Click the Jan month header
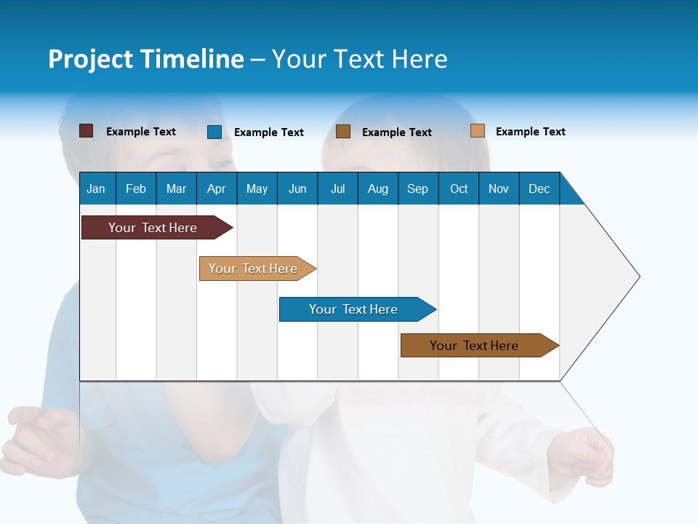click(x=96, y=188)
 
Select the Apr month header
click(x=216, y=188)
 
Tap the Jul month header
click(x=337, y=188)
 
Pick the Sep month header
click(x=417, y=188)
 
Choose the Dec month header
click(x=539, y=188)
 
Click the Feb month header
click(x=136, y=188)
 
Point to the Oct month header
click(x=459, y=188)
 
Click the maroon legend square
click(x=86, y=131)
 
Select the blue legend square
click(x=214, y=132)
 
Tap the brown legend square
click(x=343, y=132)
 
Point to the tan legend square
click(x=478, y=131)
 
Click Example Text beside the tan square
click(x=530, y=132)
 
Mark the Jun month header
click(x=297, y=188)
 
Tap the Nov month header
click(x=499, y=188)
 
